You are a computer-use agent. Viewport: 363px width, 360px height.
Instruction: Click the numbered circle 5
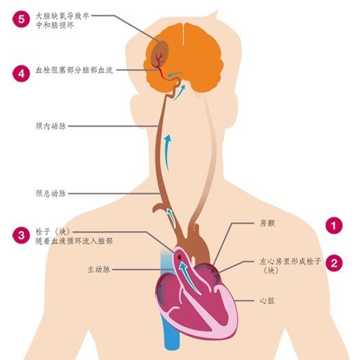pyautogui.click(x=21, y=19)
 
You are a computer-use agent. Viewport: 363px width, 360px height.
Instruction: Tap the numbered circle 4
pyautogui.click(x=21, y=73)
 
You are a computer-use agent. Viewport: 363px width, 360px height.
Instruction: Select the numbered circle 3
pyautogui.click(x=21, y=235)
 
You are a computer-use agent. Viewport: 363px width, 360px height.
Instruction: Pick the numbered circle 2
pyautogui.click(x=334, y=263)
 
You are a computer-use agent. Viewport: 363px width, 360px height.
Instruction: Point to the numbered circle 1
pyautogui.click(x=334, y=226)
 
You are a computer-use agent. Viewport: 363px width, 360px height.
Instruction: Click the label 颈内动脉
pyautogui.click(x=51, y=126)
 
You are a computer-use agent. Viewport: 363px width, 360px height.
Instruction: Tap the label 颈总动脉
pyautogui.click(x=51, y=193)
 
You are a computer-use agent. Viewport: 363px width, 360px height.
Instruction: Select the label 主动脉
pyautogui.click(x=99, y=269)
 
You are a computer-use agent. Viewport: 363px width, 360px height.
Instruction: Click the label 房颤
pyautogui.click(x=267, y=224)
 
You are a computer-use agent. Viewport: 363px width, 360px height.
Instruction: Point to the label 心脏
pyautogui.click(x=267, y=300)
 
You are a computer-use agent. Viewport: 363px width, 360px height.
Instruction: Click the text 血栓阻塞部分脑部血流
pyautogui.click(x=75, y=70)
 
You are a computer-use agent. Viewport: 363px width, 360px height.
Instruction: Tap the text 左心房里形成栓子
pyautogui.click(x=290, y=261)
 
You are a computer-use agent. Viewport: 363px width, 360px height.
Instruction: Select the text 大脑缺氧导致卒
pyautogui.click(x=62, y=16)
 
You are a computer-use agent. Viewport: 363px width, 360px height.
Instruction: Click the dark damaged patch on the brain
pyautogui.click(x=160, y=53)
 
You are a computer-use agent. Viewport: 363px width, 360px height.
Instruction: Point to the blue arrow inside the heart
pyautogui.click(x=189, y=278)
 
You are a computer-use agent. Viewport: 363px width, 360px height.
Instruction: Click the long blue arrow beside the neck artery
pyautogui.click(x=166, y=153)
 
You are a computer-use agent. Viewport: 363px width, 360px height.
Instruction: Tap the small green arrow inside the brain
pyautogui.click(x=174, y=75)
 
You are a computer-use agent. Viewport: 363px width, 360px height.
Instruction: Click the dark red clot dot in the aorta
pyautogui.click(x=179, y=257)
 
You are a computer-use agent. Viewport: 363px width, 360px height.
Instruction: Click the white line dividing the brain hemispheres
pyautogui.click(x=184, y=34)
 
